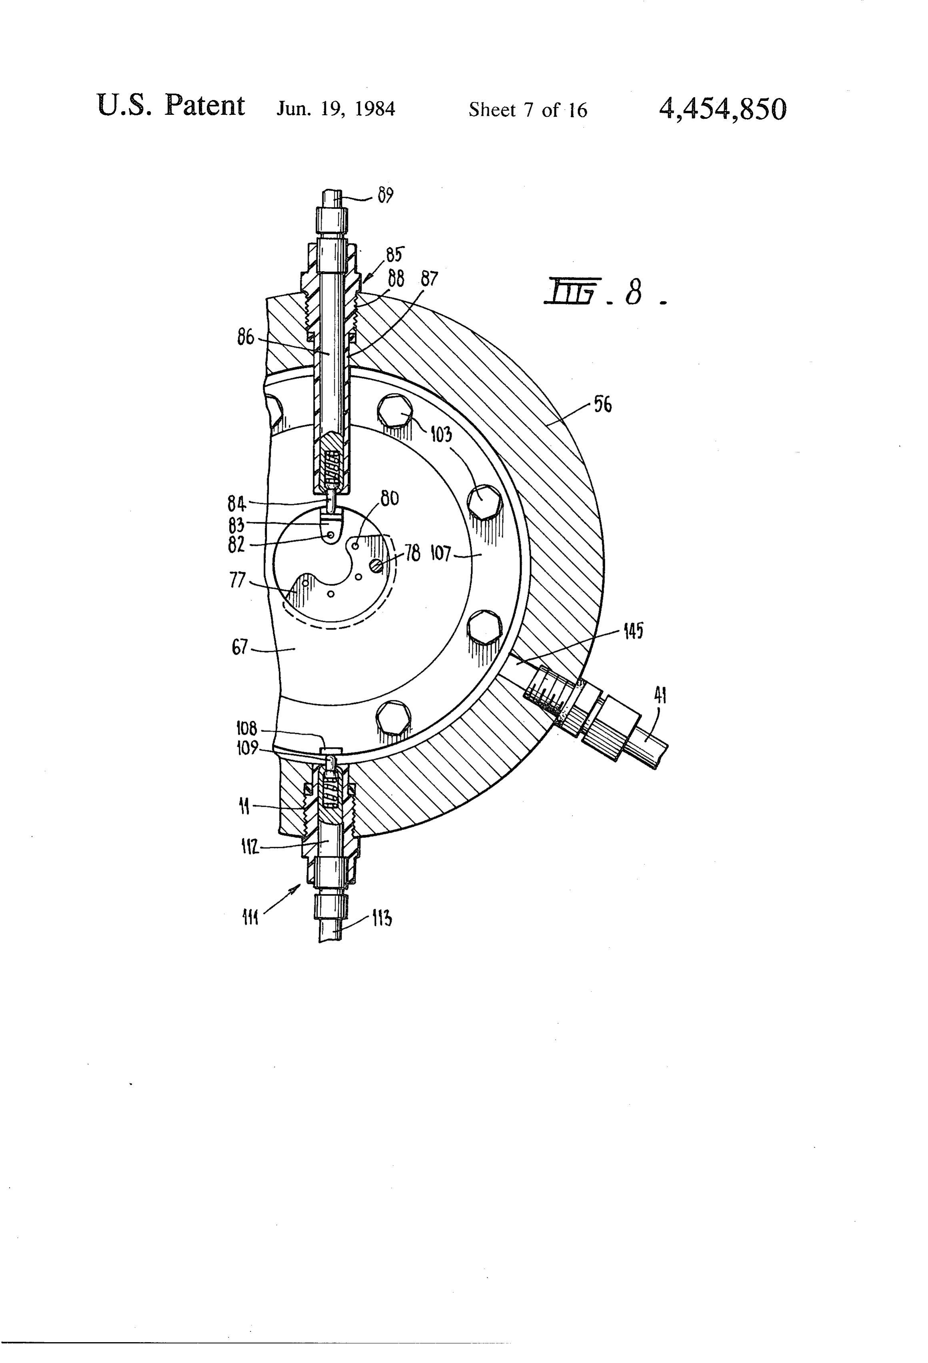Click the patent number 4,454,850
[723, 108]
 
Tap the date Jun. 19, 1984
[336, 109]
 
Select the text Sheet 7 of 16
[527, 110]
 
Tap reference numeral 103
[441, 435]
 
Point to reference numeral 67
[240, 648]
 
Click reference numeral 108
[246, 728]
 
